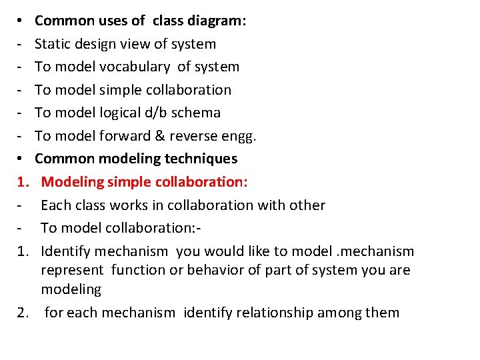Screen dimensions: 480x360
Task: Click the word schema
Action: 196,113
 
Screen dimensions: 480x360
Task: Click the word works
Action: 126,205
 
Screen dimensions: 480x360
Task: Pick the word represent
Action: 72,271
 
